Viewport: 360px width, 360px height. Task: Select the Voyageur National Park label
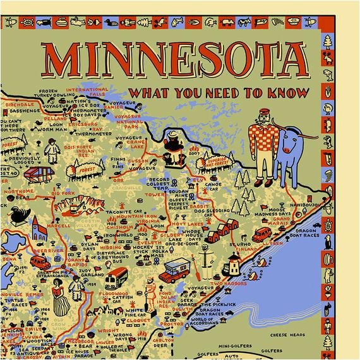pyautogui.click(x=152, y=119)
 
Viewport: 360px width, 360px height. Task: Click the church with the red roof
pyautogui.click(x=39, y=229)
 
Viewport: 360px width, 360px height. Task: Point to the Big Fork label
pyautogui.click(x=63, y=193)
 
